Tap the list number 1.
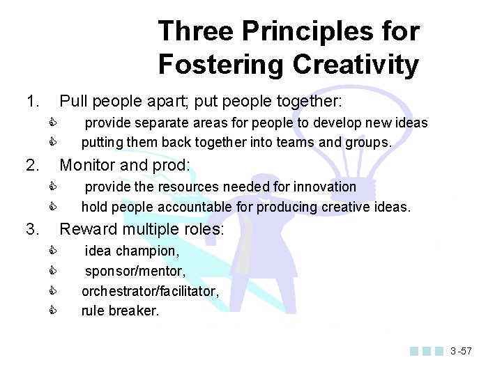click(x=31, y=102)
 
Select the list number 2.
click(x=31, y=165)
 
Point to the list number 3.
click(x=31, y=228)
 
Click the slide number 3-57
click(x=460, y=351)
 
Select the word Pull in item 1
click(x=73, y=102)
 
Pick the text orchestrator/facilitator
click(x=150, y=291)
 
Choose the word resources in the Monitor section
click(x=185, y=187)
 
